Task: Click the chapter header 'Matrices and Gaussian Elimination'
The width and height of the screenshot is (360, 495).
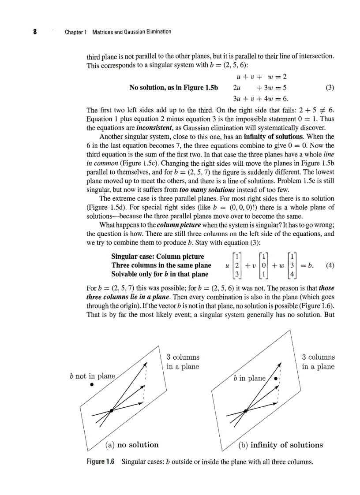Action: [131, 32]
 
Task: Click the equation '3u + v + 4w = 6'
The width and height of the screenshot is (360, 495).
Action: [260, 98]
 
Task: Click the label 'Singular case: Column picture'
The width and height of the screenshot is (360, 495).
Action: [157, 257]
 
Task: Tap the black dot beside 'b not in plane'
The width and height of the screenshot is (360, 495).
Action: [92, 384]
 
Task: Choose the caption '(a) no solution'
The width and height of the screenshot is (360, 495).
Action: [132, 445]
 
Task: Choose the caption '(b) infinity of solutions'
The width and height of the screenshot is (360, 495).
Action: [281, 445]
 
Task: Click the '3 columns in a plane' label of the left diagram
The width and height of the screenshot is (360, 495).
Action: [183, 362]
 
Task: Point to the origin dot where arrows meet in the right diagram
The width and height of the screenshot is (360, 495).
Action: [246, 410]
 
